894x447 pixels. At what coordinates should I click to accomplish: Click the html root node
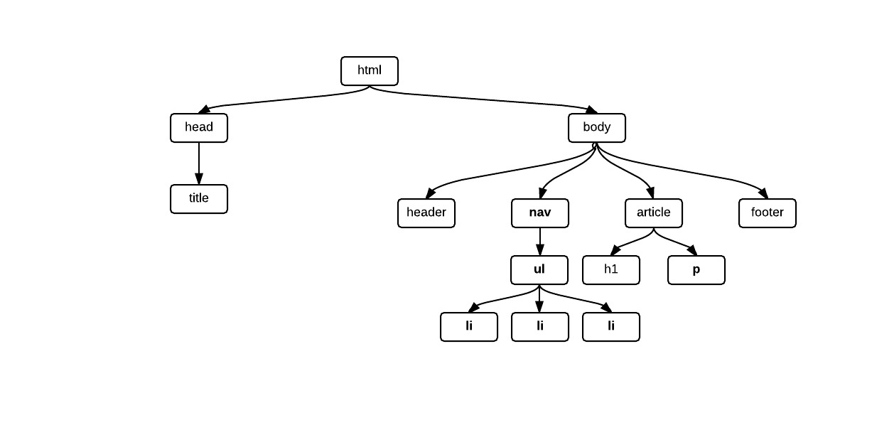coord(370,71)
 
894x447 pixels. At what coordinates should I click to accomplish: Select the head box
coord(199,128)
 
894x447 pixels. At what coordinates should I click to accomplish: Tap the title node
coord(199,199)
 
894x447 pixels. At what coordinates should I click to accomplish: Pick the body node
coord(597,128)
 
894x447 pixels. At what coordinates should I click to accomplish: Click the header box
coord(426,213)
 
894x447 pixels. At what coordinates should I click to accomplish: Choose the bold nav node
coord(540,213)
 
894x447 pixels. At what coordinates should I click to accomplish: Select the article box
coord(654,213)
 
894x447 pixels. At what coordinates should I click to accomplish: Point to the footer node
coord(768,213)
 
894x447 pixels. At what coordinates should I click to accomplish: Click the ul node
coord(539,270)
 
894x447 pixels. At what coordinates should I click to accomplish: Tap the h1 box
coord(611,270)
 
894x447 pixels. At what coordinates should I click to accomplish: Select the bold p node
coord(696,270)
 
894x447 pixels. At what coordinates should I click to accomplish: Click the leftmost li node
coord(469,327)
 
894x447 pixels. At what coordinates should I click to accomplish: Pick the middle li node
coord(540,327)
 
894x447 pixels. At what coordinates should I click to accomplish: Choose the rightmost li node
coord(611,327)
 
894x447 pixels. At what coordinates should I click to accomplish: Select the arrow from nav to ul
coord(540,240)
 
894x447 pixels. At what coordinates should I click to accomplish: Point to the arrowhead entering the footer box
coord(763,193)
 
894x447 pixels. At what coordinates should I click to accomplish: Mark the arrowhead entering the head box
coord(205,109)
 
